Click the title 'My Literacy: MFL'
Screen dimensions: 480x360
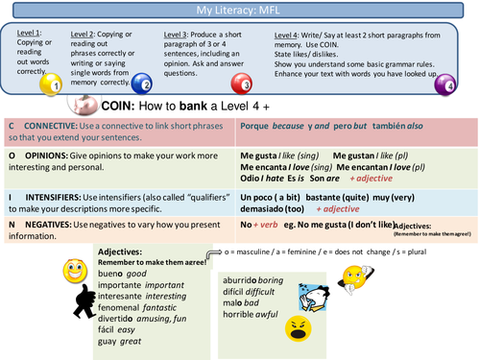point(239,10)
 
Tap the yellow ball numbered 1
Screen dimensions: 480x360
point(52,84)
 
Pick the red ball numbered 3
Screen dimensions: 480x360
point(243,84)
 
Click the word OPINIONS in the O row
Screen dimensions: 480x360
point(55,154)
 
